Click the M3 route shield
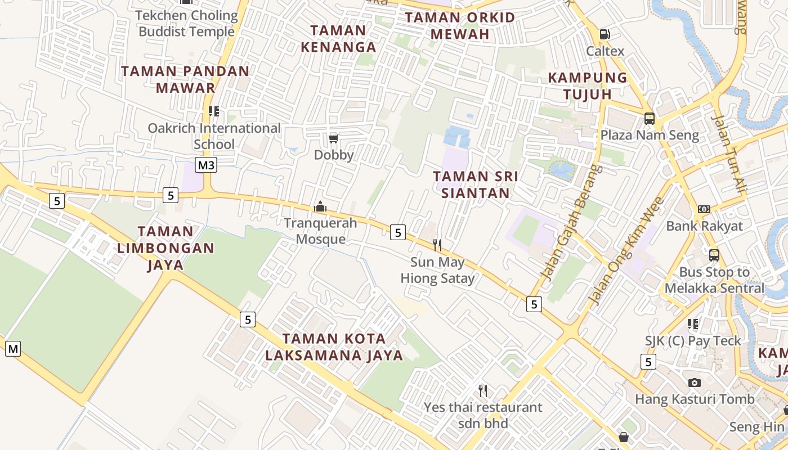tap(207, 165)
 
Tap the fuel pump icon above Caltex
tap(605, 34)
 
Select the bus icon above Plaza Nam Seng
tap(649, 119)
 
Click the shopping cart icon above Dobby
tap(333, 138)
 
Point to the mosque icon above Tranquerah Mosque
tap(320, 206)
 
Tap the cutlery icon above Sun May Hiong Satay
tap(437, 245)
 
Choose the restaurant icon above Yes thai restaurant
tap(482, 390)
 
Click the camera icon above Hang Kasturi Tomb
tap(695, 382)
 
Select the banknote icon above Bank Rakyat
tap(704, 209)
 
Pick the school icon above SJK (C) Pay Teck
tap(693, 324)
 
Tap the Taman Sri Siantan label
tap(476, 184)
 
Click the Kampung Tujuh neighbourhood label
tap(588, 85)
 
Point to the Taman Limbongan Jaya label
tap(165, 247)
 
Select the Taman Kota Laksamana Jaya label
tap(334, 347)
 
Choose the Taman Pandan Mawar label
tap(185, 79)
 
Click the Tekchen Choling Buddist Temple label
tap(186, 24)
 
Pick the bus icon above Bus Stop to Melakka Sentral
tap(714, 255)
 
